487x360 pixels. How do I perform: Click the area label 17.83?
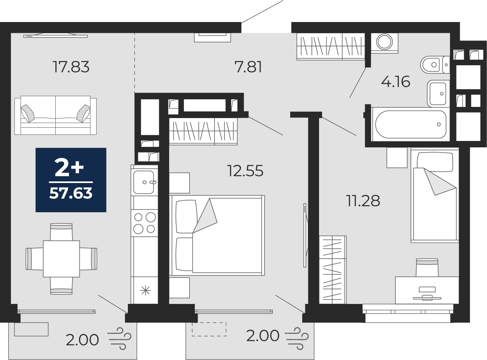(x=71, y=67)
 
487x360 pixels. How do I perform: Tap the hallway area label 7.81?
(x=249, y=67)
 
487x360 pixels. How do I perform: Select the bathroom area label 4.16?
(x=396, y=82)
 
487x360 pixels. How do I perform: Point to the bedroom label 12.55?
(x=245, y=171)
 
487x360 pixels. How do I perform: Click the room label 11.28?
(x=363, y=200)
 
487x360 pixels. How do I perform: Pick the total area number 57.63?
(x=71, y=194)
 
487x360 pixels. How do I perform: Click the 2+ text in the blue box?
(x=69, y=169)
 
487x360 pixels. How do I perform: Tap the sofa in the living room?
(x=55, y=115)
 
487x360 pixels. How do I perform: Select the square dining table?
(x=61, y=259)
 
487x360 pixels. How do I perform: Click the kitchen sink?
(x=143, y=182)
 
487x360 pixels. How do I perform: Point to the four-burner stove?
(x=145, y=223)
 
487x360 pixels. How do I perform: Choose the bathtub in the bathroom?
(x=410, y=125)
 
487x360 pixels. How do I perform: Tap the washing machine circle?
(x=385, y=41)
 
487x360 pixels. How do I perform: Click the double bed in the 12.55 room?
(x=218, y=235)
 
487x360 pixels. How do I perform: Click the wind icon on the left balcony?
(x=119, y=337)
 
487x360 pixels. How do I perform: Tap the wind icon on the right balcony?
(x=297, y=336)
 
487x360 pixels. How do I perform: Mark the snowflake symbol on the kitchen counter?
(x=145, y=291)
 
